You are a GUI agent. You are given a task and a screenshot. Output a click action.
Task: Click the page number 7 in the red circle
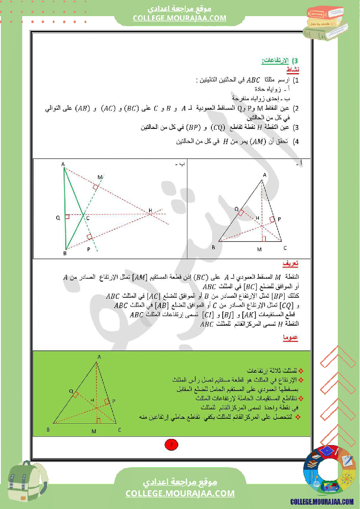(x=171, y=445)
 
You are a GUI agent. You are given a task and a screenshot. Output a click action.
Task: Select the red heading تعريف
(x=290, y=264)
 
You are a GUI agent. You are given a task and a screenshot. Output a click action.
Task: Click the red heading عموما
(x=290, y=337)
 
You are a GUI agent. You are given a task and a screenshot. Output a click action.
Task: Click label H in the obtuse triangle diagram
(x=150, y=211)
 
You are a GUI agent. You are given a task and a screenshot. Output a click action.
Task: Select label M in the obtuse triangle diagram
(x=99, y=177)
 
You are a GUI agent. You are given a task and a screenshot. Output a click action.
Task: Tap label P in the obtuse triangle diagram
(x=88, y=249)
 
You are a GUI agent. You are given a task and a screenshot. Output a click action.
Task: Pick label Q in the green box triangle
(x=71, y=391)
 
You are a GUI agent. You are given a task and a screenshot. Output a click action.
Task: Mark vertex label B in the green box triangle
(x=48, y=430)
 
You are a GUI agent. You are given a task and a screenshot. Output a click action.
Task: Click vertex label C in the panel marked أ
(x=285, y=248)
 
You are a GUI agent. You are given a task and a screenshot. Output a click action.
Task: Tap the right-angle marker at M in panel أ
(x=264, y=239)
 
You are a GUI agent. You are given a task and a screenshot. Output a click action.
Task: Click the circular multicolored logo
(x=329, y=471)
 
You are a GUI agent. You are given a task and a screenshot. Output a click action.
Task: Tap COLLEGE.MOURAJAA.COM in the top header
(x=180, y=18)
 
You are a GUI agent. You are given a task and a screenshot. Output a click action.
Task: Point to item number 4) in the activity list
(x=296, y=142)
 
